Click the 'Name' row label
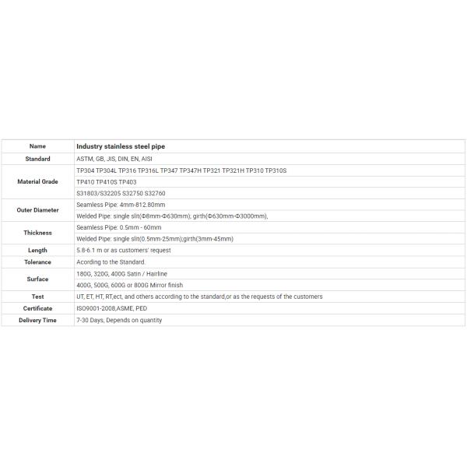tap(37, 146)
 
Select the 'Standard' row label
tap(37, 158)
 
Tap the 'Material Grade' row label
tap(37, 181)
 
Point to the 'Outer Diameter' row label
tap(37, 210)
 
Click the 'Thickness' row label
tap(37, 233)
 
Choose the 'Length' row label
tap(37, 251)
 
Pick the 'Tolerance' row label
tap(37, 262)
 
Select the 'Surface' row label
tap(37, 279)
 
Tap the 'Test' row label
tap(37, 297)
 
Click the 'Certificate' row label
tap(37, 308)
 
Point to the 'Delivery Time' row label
tap(37, 320)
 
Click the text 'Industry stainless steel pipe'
tap(121, 146)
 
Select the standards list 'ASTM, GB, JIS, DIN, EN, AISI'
tap(114, 158)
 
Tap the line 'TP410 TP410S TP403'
tap(107, 181)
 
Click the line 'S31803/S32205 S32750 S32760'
tap(121, 193)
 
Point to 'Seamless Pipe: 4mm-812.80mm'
tap(121, 205)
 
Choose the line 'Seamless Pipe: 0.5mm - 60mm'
tap(120, 227)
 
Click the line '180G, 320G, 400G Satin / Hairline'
tap(121, 274)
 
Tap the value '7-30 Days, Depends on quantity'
tap(119, 320)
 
